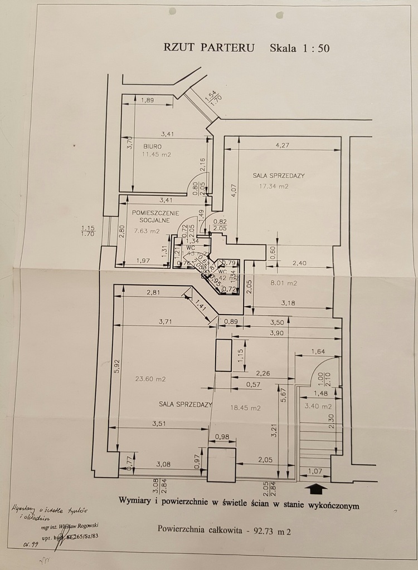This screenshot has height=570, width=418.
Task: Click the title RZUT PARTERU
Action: (208, 47)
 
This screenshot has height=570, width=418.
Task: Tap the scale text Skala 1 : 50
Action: (299, 48)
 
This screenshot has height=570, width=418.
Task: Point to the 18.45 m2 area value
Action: (245, 407)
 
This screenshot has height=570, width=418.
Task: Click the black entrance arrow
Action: (317, 488)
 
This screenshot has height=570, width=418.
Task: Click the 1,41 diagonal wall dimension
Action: (199, 304)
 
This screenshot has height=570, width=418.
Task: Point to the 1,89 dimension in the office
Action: (147, 100)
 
